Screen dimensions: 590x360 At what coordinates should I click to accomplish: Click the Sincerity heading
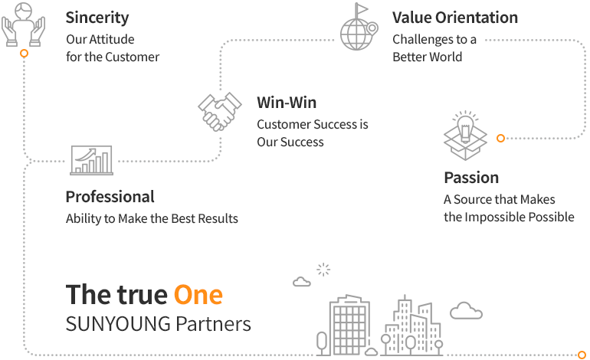(x=97, y=18)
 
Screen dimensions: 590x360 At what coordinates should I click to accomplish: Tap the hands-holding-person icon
(x=23, y=25)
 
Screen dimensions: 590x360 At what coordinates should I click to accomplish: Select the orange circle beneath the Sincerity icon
(x=24, y=54)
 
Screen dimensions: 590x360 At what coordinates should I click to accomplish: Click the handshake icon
(x=220, y=111)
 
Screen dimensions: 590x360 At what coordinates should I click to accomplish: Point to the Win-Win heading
(x=287, y=103)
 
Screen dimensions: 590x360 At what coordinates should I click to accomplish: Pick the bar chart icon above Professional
(x=91, y=160)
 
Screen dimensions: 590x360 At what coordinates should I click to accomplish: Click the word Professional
(x=110, y=197)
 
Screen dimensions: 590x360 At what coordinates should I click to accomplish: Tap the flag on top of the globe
(x=361, y=9)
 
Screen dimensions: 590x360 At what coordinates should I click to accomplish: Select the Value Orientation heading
(x=455, y=18)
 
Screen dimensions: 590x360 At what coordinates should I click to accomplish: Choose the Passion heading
(x=471, y=178)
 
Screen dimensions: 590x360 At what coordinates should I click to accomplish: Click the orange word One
(x=198, y=295)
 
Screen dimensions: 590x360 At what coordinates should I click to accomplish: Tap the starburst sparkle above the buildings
(x=323, y=270)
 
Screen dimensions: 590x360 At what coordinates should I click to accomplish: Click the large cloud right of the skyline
(x=466, y=311)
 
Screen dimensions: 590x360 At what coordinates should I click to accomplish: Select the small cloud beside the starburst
(x=302, y=281)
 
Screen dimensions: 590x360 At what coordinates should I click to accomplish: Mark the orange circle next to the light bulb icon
(x=500, y=138)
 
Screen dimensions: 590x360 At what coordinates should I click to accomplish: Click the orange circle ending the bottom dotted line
(x=582, y=355)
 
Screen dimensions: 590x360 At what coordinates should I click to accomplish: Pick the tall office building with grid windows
(x=349, y=325)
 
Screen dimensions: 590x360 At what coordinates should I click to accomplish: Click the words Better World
(x=427, y=57)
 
